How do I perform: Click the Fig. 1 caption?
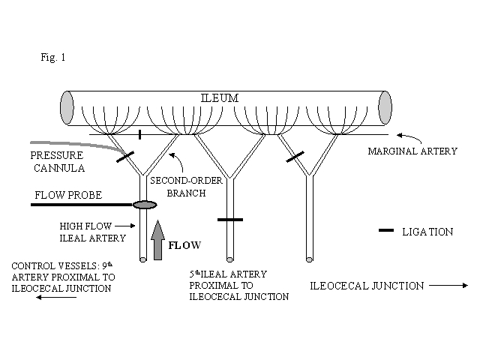54,56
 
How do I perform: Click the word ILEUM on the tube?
226,97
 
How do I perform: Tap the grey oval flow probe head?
143,204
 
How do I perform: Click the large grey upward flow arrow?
157,240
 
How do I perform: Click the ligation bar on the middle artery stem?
231,220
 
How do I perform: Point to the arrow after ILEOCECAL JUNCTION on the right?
448,285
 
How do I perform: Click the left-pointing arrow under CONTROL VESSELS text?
55,297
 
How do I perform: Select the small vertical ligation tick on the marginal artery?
140,135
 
